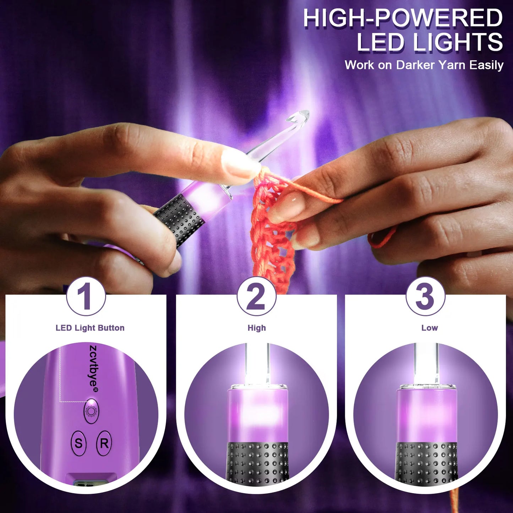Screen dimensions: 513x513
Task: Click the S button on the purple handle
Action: tap(78, 443)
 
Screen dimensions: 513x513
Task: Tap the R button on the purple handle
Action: tap(104, 443)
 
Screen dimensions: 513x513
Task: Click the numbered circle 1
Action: tap(86, 296)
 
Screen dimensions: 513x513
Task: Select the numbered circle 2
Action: tap(256, 296)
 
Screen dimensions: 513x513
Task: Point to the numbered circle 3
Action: tap(425, 296)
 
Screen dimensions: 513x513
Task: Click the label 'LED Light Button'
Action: tap(90, 328)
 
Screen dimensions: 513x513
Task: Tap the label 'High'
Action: tap(257, 328)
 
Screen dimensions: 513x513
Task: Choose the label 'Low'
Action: tap(430, 328)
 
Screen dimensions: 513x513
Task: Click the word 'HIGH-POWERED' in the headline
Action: tap(403, 18)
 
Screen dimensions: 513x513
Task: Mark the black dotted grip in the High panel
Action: tap(257, 462)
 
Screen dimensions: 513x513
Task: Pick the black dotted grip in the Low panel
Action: tap(426, 462)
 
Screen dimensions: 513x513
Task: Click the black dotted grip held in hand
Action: tap(179, 218)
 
